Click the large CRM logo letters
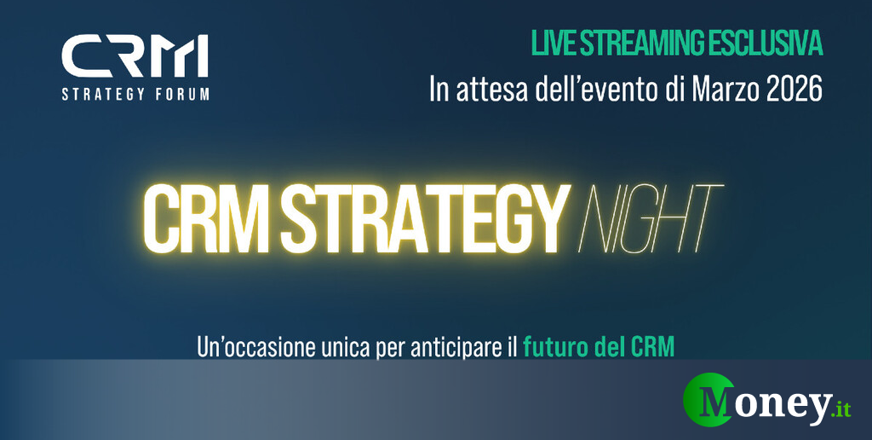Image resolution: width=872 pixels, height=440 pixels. coord(135,56)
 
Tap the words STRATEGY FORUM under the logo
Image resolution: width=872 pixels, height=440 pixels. coord(135,94)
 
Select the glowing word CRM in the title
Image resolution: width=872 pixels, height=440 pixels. coord(209,219)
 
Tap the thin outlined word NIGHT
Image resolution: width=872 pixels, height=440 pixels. coord(651,219)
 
